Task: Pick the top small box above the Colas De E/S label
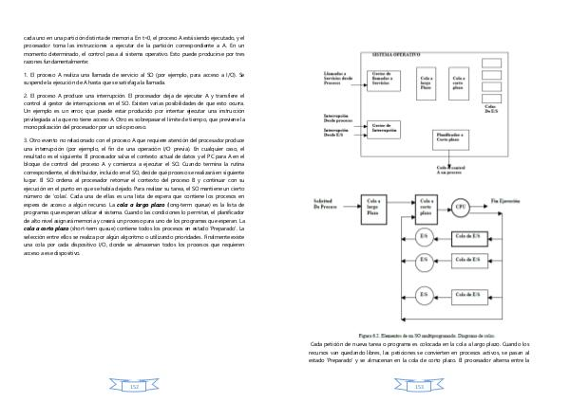point(494,76)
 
